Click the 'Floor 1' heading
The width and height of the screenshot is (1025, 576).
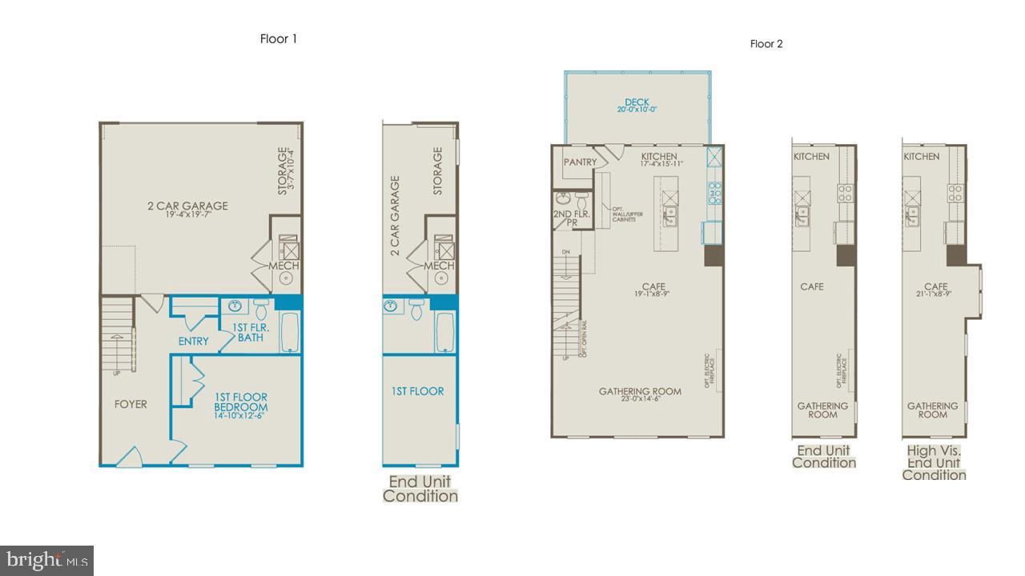tap(279, 38)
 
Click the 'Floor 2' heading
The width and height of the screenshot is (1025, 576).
tap(766, 44)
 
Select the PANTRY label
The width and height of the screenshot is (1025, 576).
tap(580, 162)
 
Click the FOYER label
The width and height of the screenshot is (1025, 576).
tap(131, 405)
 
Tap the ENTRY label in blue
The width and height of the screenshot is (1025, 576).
tap(193, 342)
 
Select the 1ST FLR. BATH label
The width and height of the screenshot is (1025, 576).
tap(251, 332)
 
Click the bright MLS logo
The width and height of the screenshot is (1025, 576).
tap(46, 559)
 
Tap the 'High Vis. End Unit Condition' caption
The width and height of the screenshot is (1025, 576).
tap(934, 463)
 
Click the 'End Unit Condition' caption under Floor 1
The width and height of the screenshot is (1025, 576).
tap(420, 489)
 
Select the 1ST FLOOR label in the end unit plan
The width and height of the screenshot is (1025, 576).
tap(417, 391)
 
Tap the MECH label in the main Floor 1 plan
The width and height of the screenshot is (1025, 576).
tap(283, 266)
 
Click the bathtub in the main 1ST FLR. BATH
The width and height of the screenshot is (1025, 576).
tap(289, 333)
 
